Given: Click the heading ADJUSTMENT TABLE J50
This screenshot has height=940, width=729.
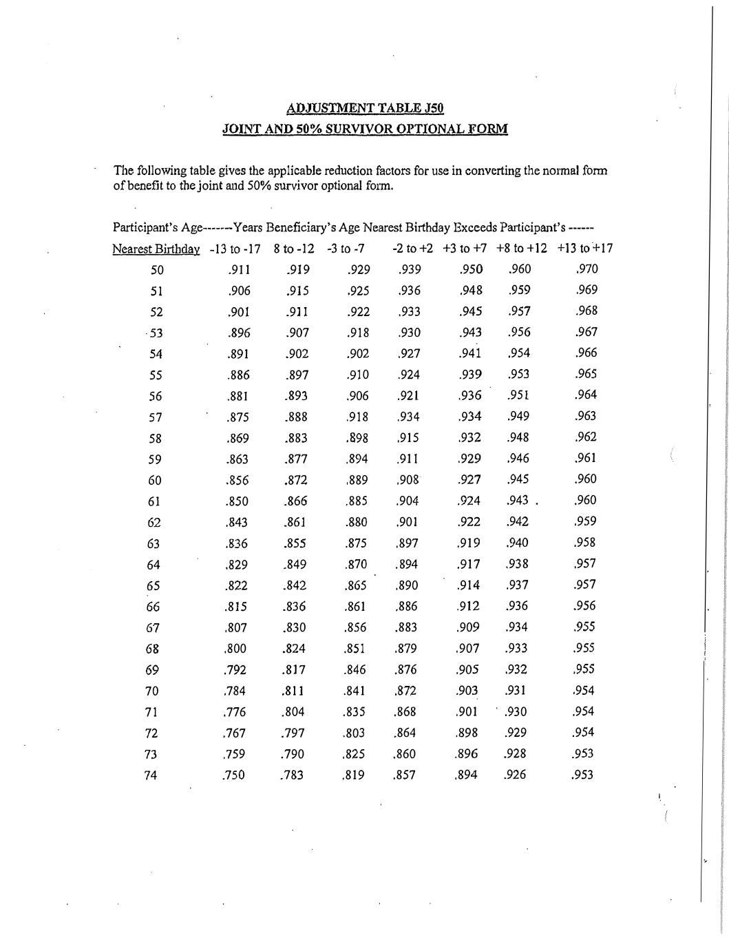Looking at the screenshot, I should tap(365, 108).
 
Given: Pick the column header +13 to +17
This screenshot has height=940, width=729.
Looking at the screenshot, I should tap(585, 249).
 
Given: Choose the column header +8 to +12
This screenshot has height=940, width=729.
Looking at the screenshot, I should tap(521, 249).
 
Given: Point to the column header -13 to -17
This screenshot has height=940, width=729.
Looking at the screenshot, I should tap(235, 249).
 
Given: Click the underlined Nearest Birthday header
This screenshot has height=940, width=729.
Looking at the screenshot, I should tap(156, 249).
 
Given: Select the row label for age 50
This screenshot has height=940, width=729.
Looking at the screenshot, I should tap(157, 270).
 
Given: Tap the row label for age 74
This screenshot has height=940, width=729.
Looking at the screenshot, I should tap(151, 775).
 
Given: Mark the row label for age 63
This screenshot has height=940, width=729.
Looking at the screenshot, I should tap(154, 544).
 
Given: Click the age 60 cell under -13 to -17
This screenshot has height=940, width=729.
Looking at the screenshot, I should tap(237, 481).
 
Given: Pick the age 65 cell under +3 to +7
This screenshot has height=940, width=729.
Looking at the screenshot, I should tap(469, 585).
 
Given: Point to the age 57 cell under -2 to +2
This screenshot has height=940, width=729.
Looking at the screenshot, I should tap(408, 417).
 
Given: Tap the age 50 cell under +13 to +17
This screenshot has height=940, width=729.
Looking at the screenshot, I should tap(586, 269).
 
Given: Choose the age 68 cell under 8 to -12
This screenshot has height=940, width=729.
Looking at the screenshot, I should tap(295, 649).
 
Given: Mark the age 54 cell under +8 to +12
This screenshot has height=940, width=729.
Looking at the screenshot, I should tap(518, 353).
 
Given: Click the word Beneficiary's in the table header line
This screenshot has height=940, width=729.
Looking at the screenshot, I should tap(301, 227).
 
